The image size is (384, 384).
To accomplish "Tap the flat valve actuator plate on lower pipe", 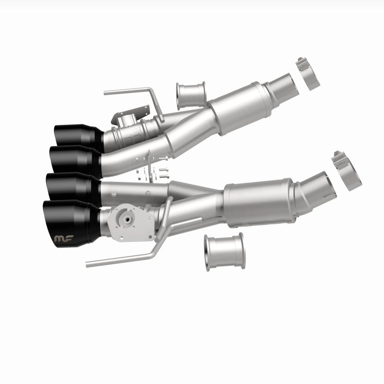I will click(126, 222).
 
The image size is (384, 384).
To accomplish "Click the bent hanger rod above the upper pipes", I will click(134, 93).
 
